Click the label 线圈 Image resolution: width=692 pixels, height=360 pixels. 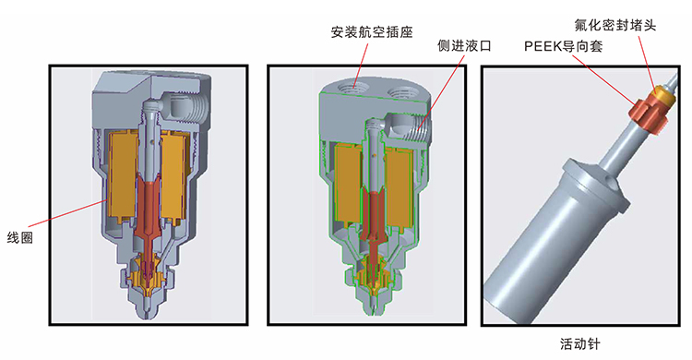point(20,238)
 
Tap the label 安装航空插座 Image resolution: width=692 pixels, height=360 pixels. point(372,32)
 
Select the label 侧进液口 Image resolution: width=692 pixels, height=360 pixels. point(464,45)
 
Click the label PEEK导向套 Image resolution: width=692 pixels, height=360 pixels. point(563,46)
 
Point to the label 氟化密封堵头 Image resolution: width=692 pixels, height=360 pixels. point(614,25)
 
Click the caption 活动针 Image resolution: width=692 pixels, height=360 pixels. point(580,343)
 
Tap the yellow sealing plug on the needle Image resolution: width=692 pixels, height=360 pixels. point(662,95)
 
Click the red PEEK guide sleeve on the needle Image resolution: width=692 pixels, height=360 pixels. point(648,115)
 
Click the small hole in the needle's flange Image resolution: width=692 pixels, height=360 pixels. point(612,181)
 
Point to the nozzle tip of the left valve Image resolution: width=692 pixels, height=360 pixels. point(149,316)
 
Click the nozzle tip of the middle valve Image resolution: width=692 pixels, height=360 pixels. point(374,310)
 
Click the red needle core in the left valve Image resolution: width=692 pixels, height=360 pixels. point(149,208)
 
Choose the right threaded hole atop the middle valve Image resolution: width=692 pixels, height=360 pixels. point(400,92)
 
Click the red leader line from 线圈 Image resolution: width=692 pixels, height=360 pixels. point(66,214)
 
